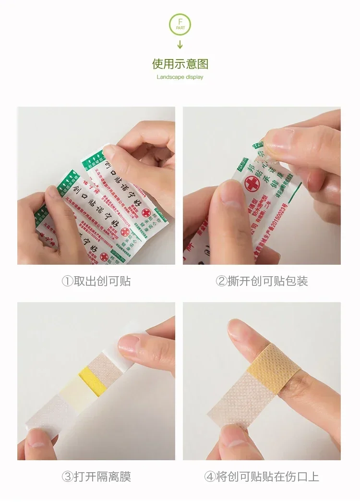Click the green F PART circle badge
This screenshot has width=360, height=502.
click(180, 24)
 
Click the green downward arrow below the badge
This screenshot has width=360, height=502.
click(180, 45)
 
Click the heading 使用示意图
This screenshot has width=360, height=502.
click(180, 64)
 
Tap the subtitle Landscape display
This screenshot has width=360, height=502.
click(180, 77)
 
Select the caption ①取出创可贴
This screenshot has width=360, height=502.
click(96, 281)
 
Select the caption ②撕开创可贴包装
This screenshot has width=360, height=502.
click(262, 281)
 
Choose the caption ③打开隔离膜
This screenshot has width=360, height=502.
click(96, 477)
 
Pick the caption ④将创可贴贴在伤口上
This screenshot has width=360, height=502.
click(262, 477)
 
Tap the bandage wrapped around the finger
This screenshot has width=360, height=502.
click(269, 370)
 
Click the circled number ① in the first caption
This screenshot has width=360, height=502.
click(67, 281)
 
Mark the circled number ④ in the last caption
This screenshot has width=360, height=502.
click(210, 477)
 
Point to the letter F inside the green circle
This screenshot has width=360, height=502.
click(180, 22)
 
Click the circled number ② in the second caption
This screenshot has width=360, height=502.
click(221, 281)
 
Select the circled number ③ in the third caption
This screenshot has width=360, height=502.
click(67, 477)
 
